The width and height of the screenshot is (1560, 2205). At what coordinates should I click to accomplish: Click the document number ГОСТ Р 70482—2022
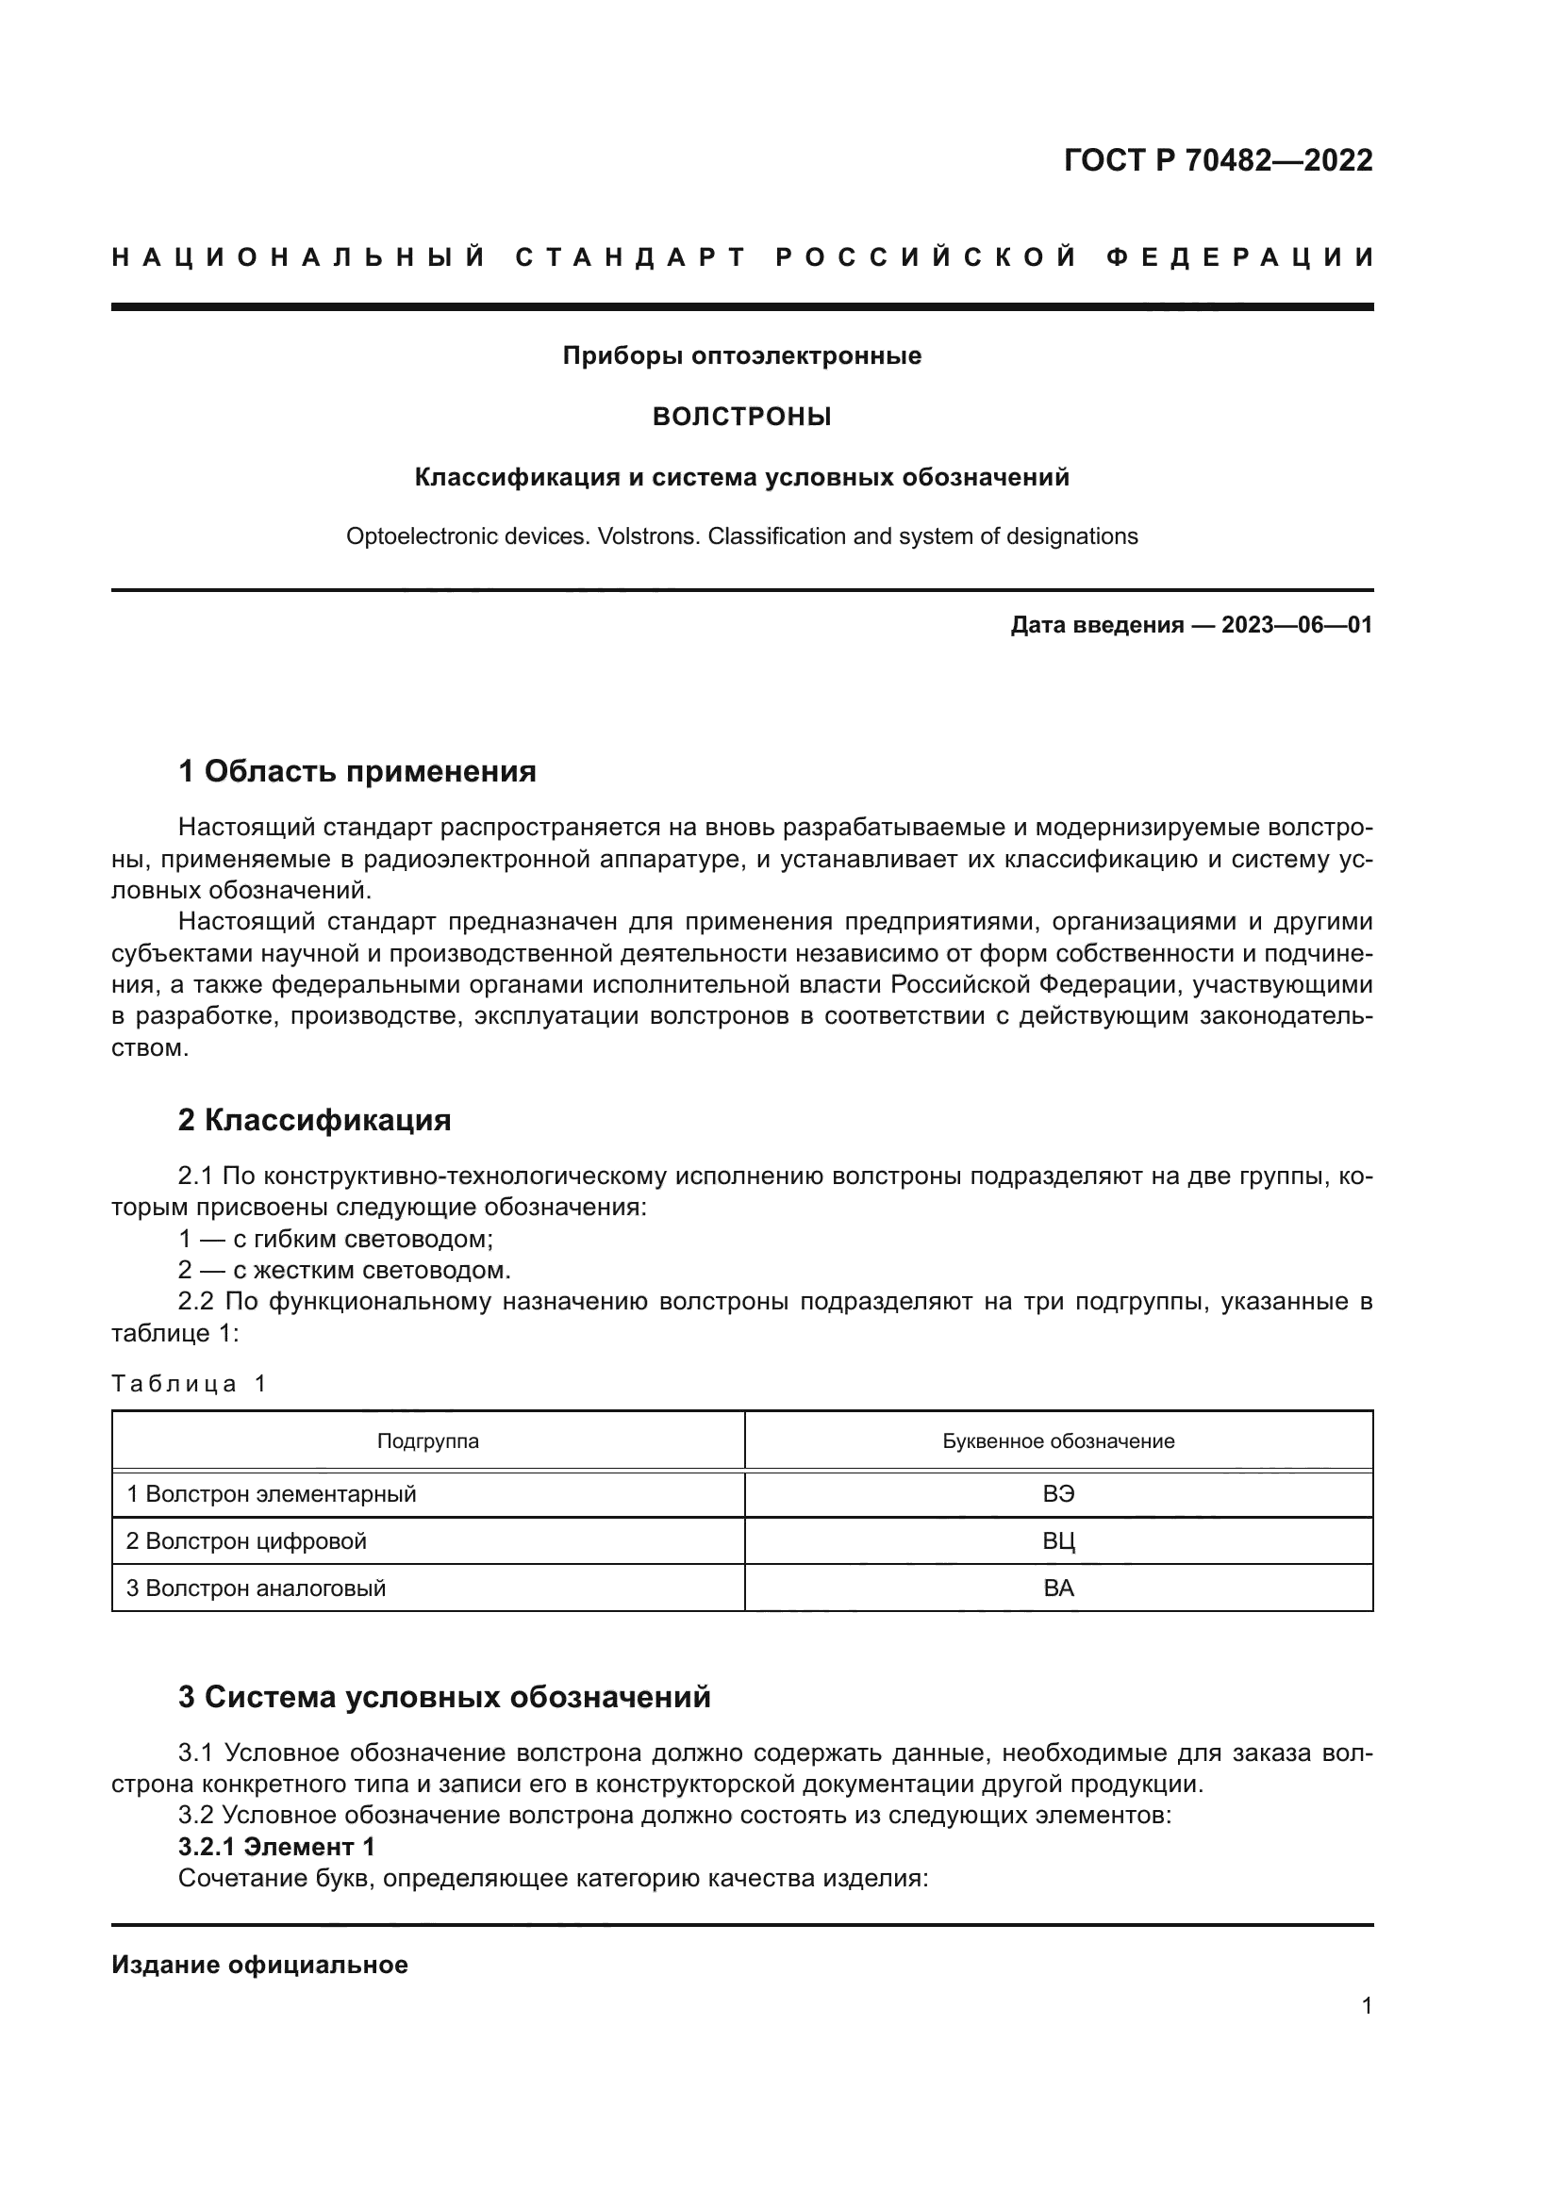1217,160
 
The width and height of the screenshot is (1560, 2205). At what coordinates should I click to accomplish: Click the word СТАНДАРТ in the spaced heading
630,257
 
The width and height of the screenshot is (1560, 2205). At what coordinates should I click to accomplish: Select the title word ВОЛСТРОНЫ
741,417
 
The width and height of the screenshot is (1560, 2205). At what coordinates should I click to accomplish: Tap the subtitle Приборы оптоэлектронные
741,356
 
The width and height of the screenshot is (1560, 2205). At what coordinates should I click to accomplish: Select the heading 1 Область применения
357,771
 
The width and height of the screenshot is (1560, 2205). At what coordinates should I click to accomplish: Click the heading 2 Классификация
314,1120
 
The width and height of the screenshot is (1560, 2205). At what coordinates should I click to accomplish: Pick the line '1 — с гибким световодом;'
335,1239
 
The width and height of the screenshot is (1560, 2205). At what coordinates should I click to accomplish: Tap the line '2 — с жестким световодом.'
344,1270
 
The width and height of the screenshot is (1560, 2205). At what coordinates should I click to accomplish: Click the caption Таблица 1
189,1384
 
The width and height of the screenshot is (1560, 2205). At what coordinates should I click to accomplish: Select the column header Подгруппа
427,1440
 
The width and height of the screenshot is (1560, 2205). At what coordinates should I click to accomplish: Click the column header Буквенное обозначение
1057,1440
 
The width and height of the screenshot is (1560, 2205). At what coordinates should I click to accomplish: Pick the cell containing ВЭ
1057,1494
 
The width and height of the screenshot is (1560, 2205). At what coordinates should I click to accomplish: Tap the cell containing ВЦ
1057,1541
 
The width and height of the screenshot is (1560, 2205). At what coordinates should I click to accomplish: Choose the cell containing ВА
1057,1588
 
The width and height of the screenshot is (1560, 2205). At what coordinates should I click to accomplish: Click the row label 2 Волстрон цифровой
246,1541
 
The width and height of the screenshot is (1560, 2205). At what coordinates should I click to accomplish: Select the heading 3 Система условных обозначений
444,1697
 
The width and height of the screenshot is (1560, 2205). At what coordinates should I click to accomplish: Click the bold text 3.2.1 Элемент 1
275,1847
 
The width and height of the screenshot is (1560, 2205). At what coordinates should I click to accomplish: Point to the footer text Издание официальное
259,1965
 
